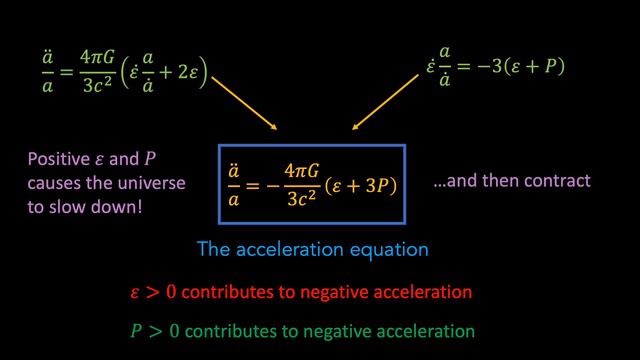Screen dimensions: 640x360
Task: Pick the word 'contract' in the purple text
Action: (x=563, y=182)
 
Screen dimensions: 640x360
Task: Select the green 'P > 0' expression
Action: (x=156, y=329)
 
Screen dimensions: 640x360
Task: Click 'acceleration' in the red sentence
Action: (x=423, y=293)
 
